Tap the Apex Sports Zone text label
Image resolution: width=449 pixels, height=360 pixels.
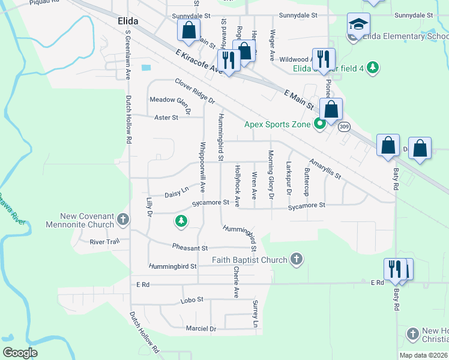277,125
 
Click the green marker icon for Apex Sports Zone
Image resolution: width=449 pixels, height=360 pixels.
320,125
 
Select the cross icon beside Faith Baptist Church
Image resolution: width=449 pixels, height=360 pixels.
295,259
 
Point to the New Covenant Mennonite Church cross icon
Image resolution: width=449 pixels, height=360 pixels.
123,220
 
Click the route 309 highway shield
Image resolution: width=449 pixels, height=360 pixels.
344,127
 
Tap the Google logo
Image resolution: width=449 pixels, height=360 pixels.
20,353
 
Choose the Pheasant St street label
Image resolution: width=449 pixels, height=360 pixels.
189,247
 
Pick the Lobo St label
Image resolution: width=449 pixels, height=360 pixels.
192,299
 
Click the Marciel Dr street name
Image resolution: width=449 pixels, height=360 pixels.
200,328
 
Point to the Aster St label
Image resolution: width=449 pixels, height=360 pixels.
166,118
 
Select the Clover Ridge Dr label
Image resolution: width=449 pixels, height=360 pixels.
194,91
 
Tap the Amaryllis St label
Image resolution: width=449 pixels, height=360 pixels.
325,169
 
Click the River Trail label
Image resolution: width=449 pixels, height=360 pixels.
105,242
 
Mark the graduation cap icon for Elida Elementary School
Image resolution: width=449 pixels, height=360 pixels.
358,25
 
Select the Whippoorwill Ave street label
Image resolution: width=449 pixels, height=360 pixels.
203,167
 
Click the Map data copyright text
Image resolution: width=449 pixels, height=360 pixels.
423,355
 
